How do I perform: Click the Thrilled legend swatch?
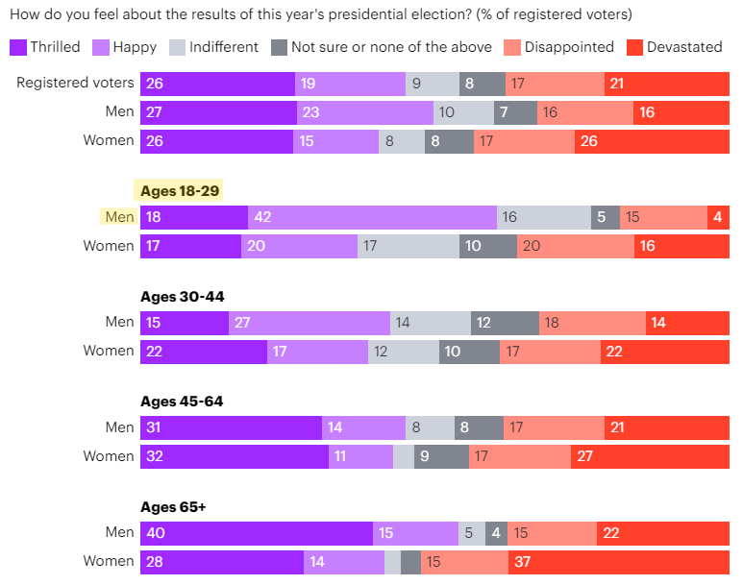click(17, 47)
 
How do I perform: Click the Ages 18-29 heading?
click(182, 191)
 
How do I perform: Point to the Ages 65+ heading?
click(173, 506)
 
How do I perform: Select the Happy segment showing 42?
click(372, 217)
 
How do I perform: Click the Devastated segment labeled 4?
click(718, 217)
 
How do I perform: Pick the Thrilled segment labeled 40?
click(256, 532)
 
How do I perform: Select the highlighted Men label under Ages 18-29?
click(119, 217)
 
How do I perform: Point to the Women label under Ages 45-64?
click(109, 455)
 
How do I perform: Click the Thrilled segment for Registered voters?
click(217, 84)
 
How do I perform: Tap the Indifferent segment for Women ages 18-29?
click(408, 246)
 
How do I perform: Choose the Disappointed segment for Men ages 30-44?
click(592, 323)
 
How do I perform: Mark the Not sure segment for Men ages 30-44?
click(505, 323)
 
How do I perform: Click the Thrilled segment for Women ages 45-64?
click(235, 455)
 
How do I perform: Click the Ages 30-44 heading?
click(183, 296)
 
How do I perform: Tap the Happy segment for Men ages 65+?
click(415, 532)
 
